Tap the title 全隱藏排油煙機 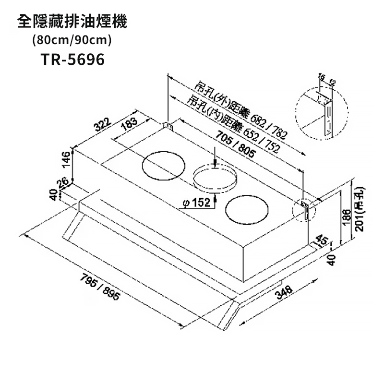pos(72,21)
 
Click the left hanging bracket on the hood pos(168,125)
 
